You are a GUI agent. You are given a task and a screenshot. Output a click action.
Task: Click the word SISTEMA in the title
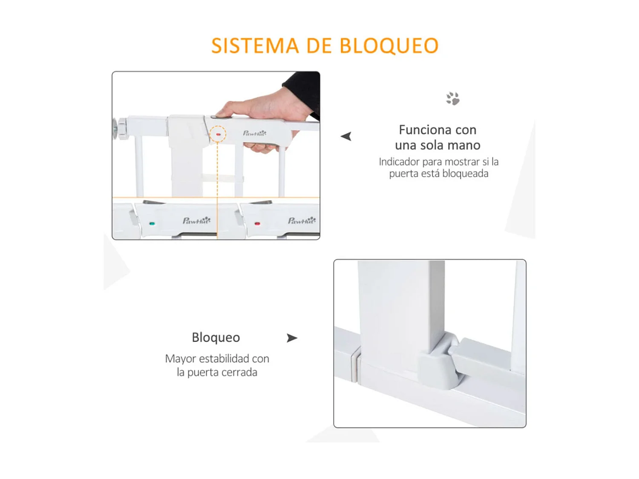255,46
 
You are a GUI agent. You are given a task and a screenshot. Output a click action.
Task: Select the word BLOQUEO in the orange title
389,46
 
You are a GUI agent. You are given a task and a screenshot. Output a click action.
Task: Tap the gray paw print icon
452,99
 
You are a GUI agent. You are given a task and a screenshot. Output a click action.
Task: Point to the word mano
463,145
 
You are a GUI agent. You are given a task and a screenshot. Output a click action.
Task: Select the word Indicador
399,162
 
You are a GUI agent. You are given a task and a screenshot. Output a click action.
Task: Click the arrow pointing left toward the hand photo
346,136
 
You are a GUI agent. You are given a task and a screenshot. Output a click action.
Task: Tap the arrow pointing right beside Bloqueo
292,338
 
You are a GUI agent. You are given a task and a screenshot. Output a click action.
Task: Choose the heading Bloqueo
216,337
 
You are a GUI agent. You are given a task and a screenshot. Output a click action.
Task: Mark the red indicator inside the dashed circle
218,134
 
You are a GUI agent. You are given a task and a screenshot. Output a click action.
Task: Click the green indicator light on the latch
152,223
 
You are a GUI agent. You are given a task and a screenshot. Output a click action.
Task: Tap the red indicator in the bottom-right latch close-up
257,223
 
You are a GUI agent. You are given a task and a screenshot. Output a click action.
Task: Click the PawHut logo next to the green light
196,221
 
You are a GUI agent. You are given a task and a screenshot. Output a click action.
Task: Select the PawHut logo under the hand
254,133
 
